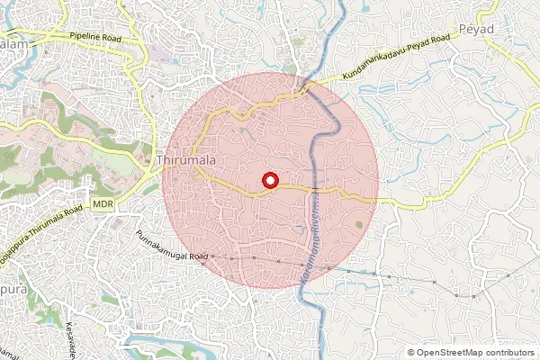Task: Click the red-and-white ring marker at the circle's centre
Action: pyautogui.click(x=269, y=181)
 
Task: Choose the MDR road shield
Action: pyautogui.click(x=103, y=206)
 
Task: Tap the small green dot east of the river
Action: pyautogui.click(x=360, y=223)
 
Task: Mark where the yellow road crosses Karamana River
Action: pyautogui.click(x=314, y=190)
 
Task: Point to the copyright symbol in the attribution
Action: pyautogui.click(x=411, y=352)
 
